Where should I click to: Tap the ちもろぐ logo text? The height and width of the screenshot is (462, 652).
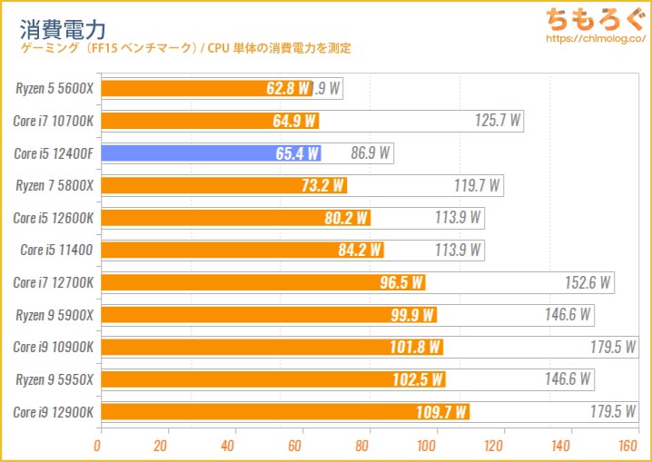coord(592,19)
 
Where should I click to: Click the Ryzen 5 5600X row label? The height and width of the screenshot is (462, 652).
coord(54,88)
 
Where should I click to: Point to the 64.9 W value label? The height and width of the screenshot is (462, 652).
coord(292,121)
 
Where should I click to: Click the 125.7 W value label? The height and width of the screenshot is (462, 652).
coord(498,121)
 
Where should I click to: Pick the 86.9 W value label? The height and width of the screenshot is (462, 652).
coord(370,153)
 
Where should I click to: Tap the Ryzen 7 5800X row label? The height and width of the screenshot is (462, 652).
coord(54,185)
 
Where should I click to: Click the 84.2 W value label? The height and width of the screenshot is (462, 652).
coord(360,251)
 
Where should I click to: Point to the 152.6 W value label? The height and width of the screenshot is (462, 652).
coord(587,282)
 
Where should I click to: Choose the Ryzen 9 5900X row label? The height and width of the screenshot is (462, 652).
coord(54,315)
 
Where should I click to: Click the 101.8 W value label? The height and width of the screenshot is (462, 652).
coord(418,348)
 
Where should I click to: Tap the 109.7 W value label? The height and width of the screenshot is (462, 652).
coord(444,412)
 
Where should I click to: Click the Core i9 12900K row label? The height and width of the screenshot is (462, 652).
coord(54,412)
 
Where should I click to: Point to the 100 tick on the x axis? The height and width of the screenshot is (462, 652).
coord(429,446)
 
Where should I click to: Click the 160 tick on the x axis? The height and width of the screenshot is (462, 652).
coord(627,446)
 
